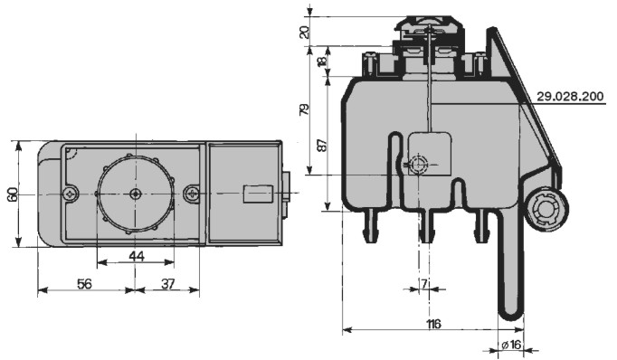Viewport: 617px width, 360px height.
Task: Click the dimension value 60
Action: coord(12,194)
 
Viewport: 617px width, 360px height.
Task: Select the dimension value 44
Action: coord(137,257)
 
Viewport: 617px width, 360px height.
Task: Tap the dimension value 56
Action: coord(84,284)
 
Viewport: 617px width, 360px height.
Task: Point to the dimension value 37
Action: coord(168,284)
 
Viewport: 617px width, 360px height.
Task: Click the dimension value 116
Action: coord(433,324)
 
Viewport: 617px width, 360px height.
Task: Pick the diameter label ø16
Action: coord(511,345)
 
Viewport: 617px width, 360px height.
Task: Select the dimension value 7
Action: coord(423,284)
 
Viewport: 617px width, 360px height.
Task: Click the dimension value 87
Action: coord(321,145)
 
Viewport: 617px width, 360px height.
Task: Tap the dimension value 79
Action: coord(304,109)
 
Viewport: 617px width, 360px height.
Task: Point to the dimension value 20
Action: coord(305,32)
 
